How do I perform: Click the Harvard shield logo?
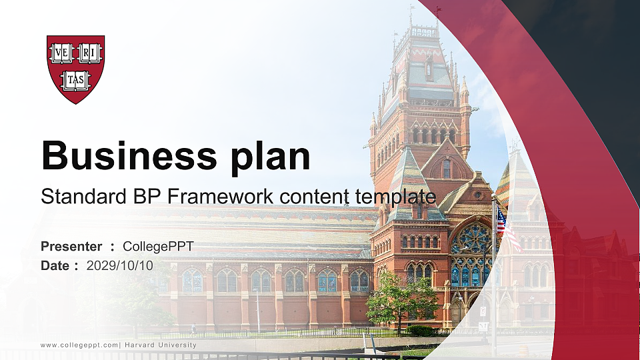pos(75,69)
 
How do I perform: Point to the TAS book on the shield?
pos(75,81)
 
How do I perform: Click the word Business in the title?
pos(124,157)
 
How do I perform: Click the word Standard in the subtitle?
pos(79,197)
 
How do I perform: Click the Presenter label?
pos(71,247)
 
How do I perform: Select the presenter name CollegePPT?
pos(159,247)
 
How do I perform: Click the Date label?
pos(55,265)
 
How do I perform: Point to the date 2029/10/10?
pos(120,265)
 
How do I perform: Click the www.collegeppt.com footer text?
pos(79,345)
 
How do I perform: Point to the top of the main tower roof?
pos(424,30)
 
